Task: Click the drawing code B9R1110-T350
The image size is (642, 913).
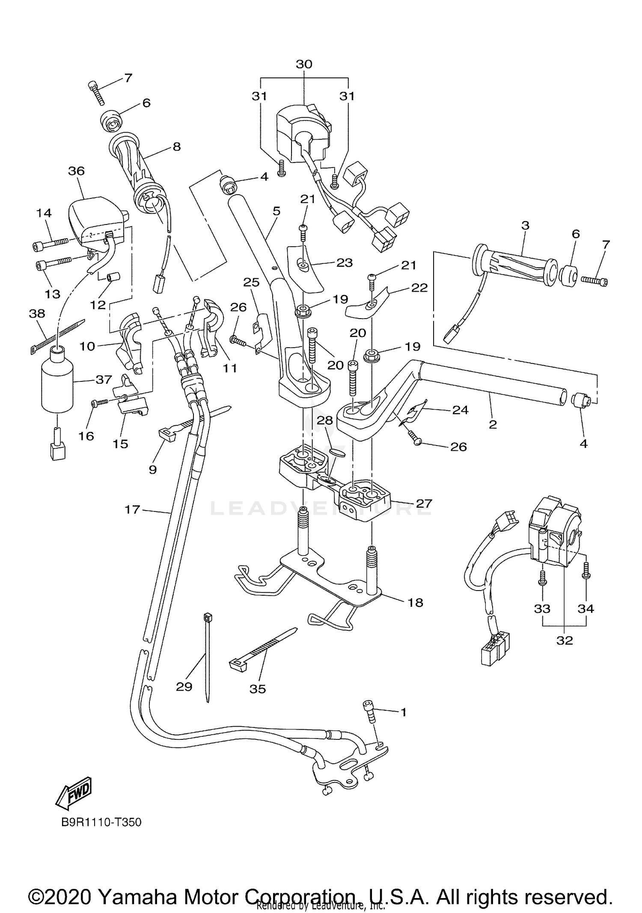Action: pos(101,822)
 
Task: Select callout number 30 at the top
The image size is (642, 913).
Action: pos(304,64)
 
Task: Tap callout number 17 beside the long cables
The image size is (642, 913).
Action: pos(132,509)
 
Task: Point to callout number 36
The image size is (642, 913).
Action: pos(76,171)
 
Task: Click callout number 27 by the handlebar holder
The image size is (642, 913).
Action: pos(424,503)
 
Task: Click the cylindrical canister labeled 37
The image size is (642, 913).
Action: pos(57,381)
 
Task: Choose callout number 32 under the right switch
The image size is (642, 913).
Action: pos(565,640)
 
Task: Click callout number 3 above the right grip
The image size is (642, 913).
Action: pos(525,225)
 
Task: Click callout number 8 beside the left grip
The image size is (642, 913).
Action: pos(176,147)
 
